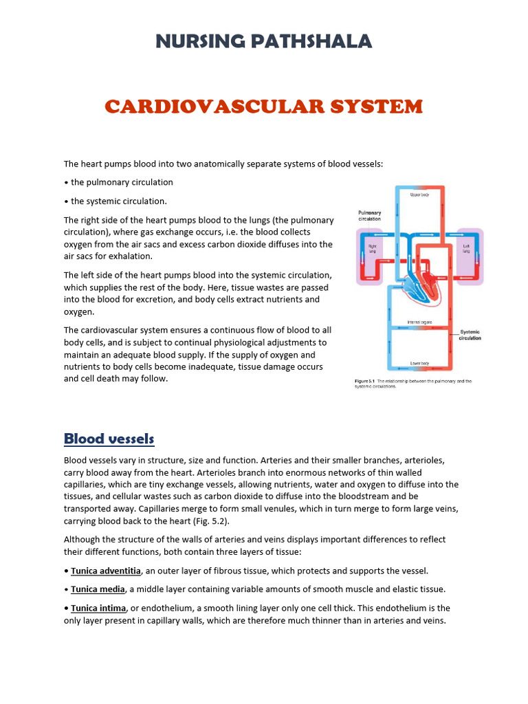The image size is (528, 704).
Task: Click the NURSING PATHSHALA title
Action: pos(264,42)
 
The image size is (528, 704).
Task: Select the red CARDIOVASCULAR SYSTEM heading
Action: pos(264,107)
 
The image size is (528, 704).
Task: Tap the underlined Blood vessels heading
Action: pos(109,439)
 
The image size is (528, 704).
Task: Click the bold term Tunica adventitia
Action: pos(106,571)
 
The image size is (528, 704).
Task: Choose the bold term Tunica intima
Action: pos(98,608)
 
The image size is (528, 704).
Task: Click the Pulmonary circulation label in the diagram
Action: pos(369,217)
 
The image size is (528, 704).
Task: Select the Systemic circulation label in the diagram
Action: pos(470,334)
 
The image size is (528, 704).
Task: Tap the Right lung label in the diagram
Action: pos(372,247)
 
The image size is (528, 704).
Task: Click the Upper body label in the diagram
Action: pos(419,195)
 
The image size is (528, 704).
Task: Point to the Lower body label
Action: pos(419,362)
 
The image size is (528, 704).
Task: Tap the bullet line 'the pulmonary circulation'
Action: pos(122,182)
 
